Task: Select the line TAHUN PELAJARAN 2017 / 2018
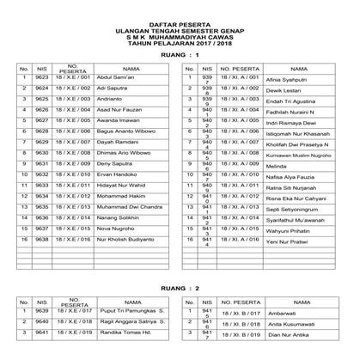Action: [180, 39]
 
